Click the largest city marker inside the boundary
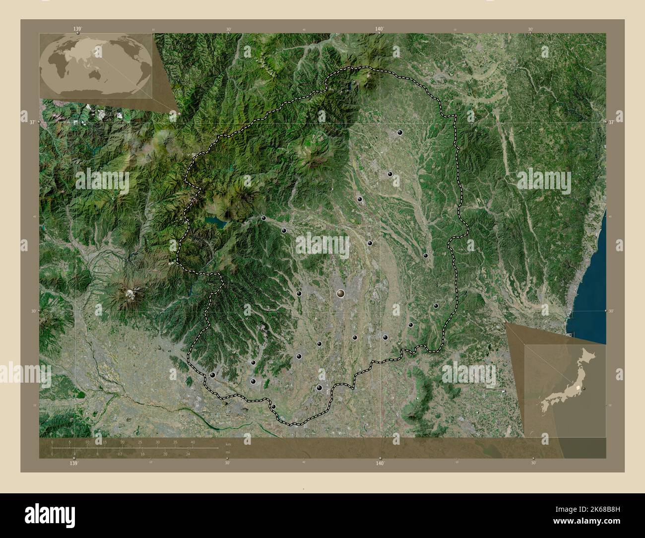pos(340,293)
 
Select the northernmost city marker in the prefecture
pos(400,133)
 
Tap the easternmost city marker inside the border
pos(436,306)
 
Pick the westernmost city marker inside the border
pos(213,375)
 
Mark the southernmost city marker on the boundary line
pos(273,407)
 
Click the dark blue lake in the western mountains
pos(214,221)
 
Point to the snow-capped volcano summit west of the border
pos(130,294)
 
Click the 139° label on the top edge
pos(77,29)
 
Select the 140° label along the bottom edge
pos(380,463)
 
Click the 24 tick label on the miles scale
pos(188,454)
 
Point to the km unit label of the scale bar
pos(228,444)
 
